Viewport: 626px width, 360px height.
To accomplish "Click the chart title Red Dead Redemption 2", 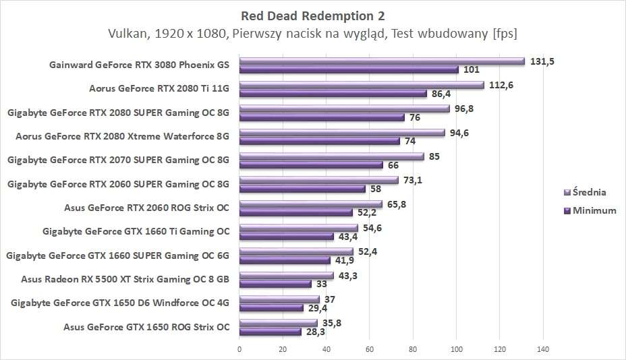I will tap(312, 14).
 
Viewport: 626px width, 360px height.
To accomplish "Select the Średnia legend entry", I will tap(590, 192).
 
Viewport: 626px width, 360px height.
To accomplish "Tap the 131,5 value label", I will tap(542, 61).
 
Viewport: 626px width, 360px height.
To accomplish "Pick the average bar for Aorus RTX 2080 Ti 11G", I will tap(362, 85).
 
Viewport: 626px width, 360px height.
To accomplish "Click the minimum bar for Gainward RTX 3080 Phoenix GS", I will tap(349, 69).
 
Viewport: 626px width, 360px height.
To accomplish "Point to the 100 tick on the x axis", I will tap(456, 349).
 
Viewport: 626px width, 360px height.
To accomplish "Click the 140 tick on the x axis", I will tap(543, 349).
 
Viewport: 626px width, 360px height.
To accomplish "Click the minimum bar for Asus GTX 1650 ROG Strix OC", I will tap(270, 332).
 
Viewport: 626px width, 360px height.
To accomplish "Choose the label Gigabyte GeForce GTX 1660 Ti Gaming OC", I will tap(136, 231).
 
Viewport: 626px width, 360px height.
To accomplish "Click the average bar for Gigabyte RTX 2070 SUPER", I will tap(331, 156).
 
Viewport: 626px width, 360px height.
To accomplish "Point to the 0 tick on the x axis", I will tap(239, 349).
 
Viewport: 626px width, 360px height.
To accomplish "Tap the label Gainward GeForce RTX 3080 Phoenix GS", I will tap(140, 65).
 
